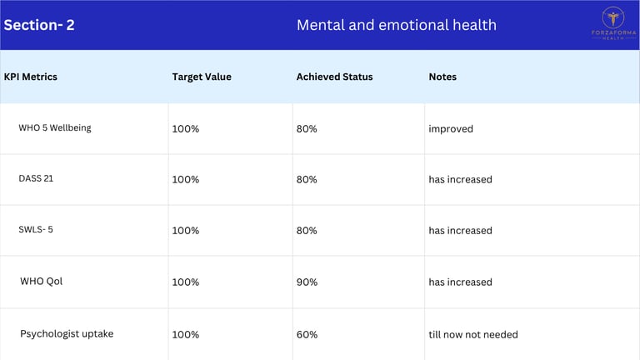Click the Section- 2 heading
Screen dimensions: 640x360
pyautogui.click(x=39, y=25)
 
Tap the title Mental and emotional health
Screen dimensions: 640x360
pyautogui.click(x=397, y=25)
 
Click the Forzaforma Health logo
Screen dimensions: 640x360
pyautogui.click(x=613, y=23)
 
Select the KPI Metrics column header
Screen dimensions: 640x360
pyautogui.click(x=31, y=77)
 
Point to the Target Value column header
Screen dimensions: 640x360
pyautogui.click(x=202, y=77)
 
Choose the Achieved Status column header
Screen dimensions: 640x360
pyautogui.click(x=335, y=77)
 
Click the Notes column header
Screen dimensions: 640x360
pyautogui.click(x=442, y=77)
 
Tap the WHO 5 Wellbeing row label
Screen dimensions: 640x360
pyautogui.click(x=55, y=127)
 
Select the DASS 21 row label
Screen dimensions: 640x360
pyautogui.click(x=36, y=178)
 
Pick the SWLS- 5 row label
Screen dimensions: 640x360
pyautogui.click(x=36, y=229)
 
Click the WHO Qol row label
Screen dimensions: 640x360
pyautogui.click(x=41, y=281)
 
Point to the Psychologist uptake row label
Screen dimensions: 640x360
pyautogui.click(x=67, y=334)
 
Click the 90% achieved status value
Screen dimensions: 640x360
pyautogui.click(x=307, y=282)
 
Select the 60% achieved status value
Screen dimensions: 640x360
pyautogui.click(x=307, y=335)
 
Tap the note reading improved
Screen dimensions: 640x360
pyautogui.click(x=451, y=129)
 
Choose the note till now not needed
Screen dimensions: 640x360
pyautogui.click(x=473, y=335)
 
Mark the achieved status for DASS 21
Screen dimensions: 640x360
pyautogui.click(x=307, y=180)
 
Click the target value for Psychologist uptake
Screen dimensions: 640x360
pyautogui.click(x=186, y=335)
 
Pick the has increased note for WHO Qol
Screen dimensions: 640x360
pyautogui.click(x=460, y=282)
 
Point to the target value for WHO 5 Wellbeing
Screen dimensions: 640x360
pyautogui.click(x=186, y=129)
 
